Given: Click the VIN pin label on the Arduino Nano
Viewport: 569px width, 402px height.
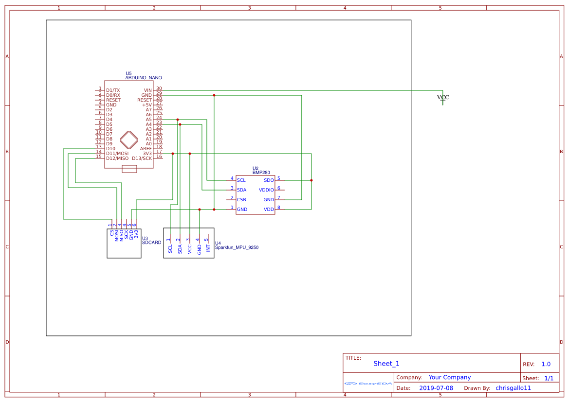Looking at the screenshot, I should point(147,90).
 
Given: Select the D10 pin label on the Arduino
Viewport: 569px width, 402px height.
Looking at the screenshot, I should point(110,149).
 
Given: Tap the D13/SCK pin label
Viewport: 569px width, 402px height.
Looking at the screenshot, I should point(142,158).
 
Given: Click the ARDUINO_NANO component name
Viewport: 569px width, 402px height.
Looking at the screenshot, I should point(144,78).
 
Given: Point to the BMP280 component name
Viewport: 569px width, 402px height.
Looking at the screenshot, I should point(261,173).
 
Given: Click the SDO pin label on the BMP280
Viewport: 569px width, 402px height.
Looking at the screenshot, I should point(269,180).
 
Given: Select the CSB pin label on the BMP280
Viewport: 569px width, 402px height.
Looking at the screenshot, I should point(241,200).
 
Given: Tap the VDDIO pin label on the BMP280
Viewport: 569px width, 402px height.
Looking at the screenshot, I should point(266,190).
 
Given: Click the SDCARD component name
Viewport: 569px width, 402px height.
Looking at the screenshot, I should point(151,243).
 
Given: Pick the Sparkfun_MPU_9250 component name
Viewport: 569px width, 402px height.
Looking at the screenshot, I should point(237,247).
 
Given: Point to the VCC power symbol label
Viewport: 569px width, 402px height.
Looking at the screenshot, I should point(443,98).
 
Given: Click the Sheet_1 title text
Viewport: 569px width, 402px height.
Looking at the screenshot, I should point(386,364).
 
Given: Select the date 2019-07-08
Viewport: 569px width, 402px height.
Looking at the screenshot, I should point(436,388).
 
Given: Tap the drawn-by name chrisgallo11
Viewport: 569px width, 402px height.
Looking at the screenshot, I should point(513,388).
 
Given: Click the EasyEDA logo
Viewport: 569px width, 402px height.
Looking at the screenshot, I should point(368,384).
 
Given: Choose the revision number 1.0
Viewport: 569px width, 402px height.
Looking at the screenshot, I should point(546,364).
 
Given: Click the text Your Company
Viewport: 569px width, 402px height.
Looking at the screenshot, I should point(450,377).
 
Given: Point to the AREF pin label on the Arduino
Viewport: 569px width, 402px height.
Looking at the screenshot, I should point(146,149).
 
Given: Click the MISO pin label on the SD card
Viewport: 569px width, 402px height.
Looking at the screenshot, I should point(122,236).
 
